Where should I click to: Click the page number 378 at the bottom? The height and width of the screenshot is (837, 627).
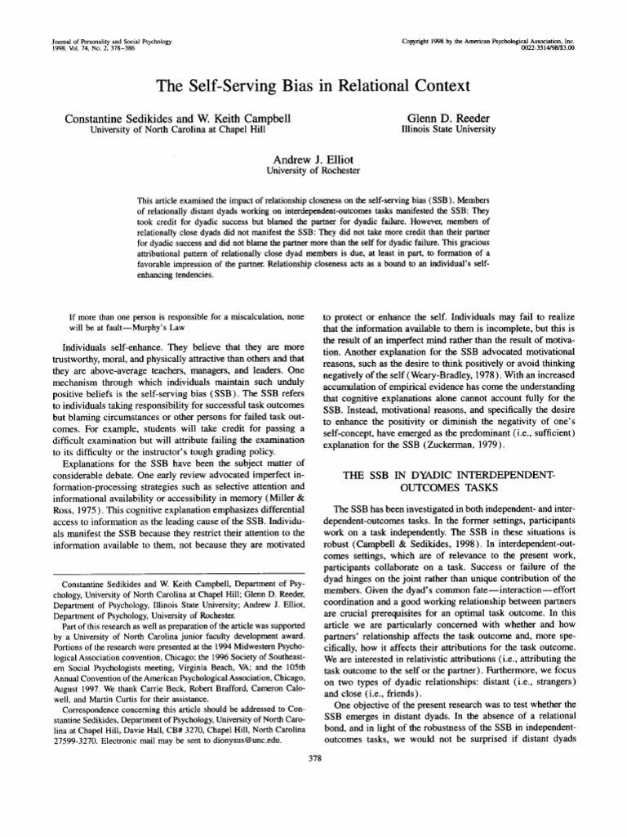[x=313, y=760]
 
